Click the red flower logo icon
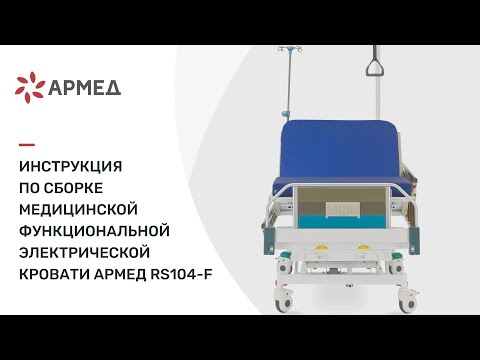(31, 88)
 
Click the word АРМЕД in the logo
(86, 88)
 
